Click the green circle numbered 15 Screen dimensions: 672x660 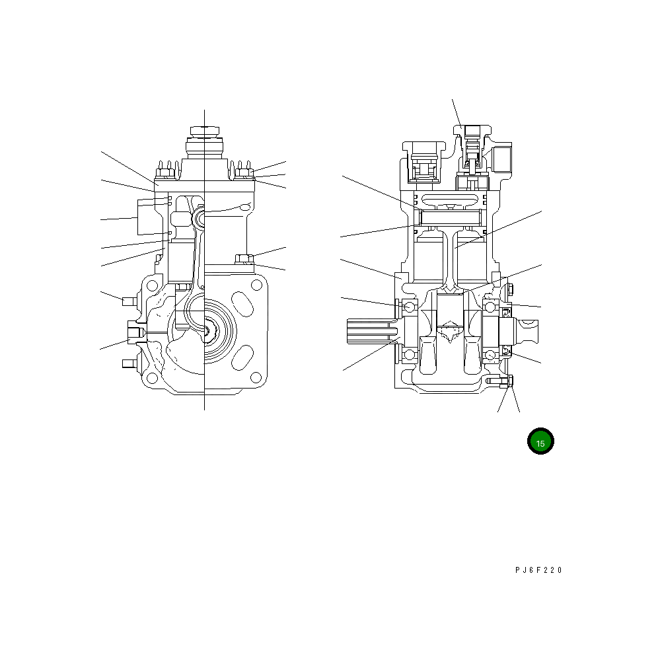(540, 442)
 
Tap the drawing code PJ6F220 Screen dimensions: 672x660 (538, 570)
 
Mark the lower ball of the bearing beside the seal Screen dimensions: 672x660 (490, 355)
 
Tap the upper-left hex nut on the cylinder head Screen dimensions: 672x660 (163, 174)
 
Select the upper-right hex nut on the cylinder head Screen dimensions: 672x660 (243, 174)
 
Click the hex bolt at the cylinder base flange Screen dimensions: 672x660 (242, 258)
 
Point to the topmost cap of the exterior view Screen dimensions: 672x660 (204, 130)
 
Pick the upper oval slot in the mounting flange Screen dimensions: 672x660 (243, 308)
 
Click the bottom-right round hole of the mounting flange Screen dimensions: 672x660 (256, 378)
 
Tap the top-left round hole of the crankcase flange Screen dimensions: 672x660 (152, 285)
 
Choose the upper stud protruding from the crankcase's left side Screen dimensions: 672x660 (128, 301)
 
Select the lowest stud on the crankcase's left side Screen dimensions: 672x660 (128, 363)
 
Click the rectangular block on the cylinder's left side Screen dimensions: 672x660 (145, 216)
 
